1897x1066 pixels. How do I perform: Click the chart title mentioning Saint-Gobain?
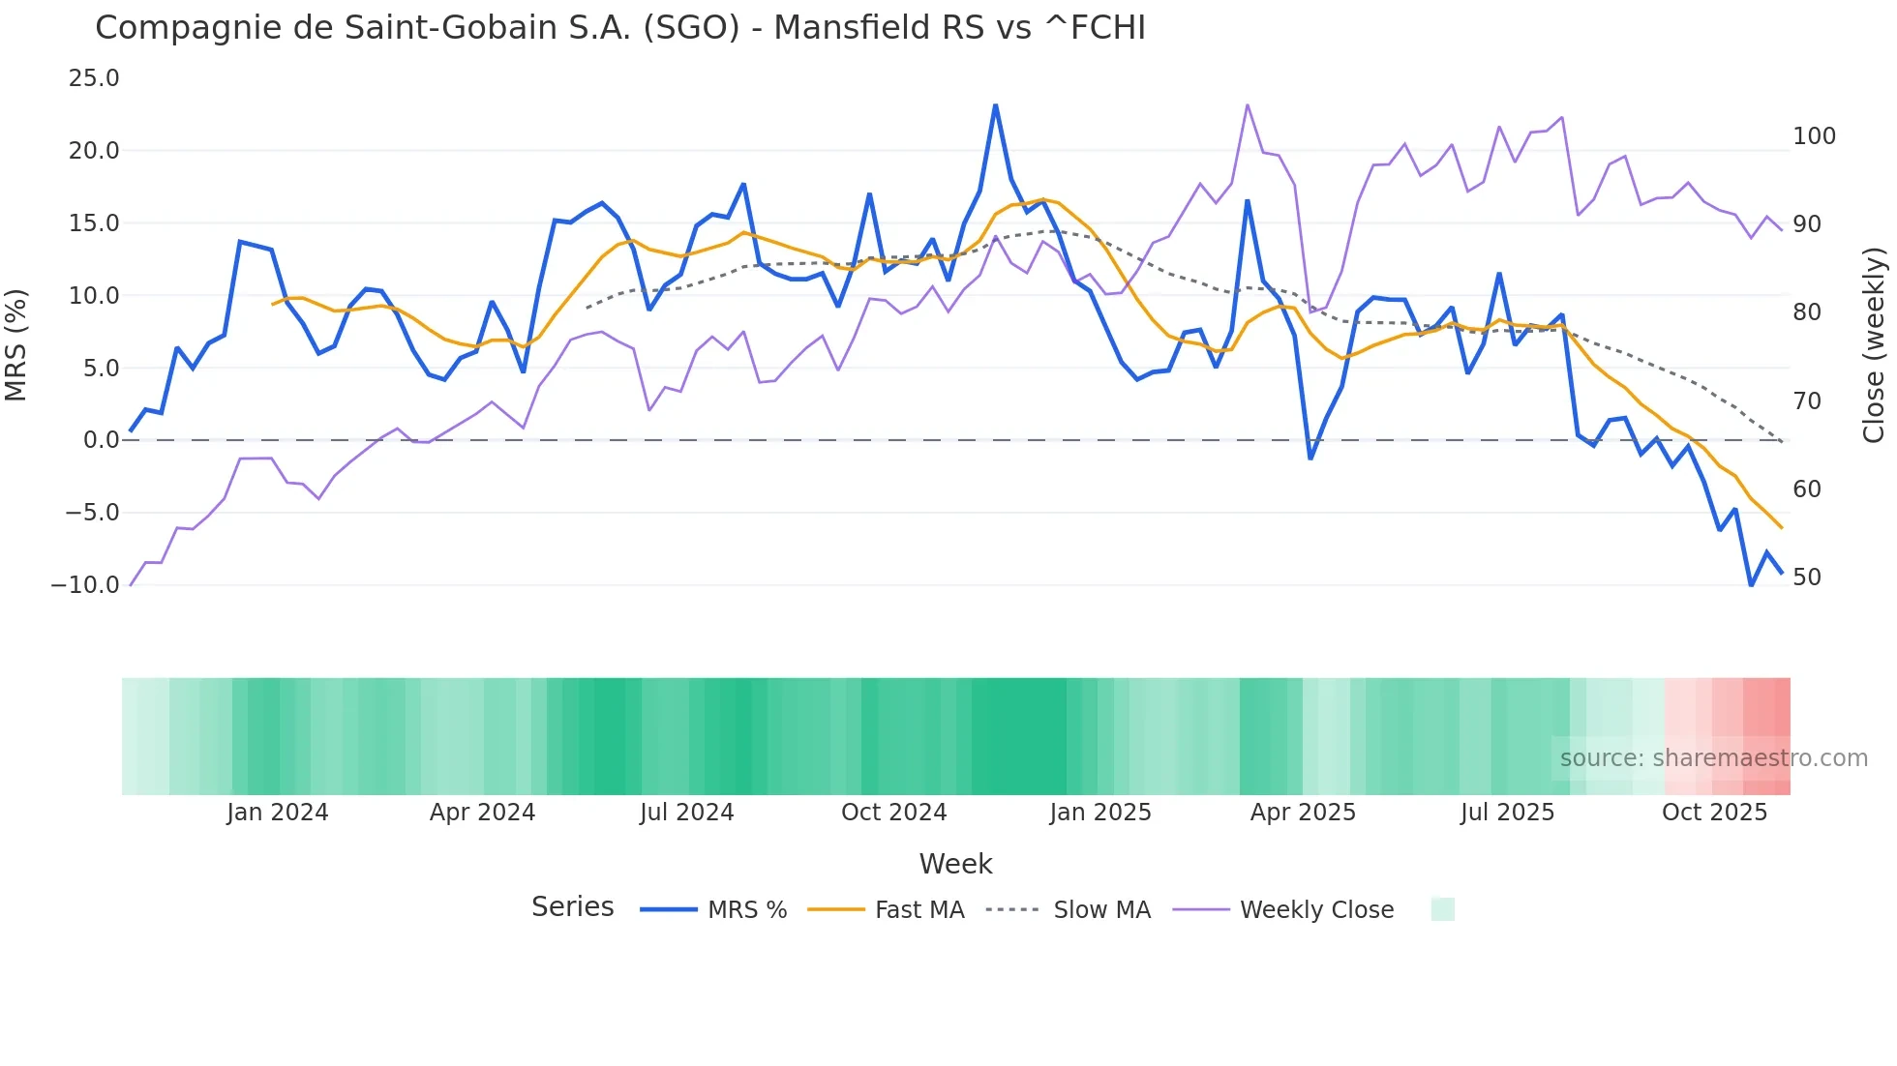pyautogui.click(x=619, y=28)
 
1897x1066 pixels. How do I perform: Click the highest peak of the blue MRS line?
pyautogui.click(x=995, y=105)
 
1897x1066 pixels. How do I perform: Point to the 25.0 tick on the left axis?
pyautogui.click(x=94, y=78)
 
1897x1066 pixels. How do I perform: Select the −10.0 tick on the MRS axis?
pyautogui.click(x=85, y=585)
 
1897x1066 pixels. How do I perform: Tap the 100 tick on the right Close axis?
pyautogui.click(x=1814, y=136)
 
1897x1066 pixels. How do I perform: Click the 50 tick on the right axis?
pyautogui.click(x=1807, y=577)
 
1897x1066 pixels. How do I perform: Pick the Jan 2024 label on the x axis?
pyautogui.click(x=278, y=813)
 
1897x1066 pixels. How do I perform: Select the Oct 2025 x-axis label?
pyautogui.click(x=1714, y=813)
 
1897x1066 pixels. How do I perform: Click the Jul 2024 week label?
pyautogui.click(x=686, y=813)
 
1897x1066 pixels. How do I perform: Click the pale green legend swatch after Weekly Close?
pyautogui.click(x=1442, y=909)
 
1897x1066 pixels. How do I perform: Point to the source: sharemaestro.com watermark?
pyautogui.click(x=1713, y=758)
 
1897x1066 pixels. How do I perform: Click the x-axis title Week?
pyautogui.click(x=955, y=864)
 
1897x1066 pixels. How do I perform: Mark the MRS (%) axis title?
pyautogui.click(x=15, y=344)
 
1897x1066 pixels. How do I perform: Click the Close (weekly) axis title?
pyautogui.click(x=1874, y=344)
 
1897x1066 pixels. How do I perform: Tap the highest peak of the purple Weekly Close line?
pyautogui.click(x=1247, y=104)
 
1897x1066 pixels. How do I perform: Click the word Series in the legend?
pyautogui.click(x=572, y=907)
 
